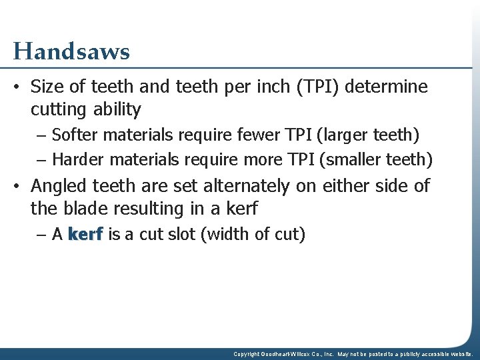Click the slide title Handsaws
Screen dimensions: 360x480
coord(71,51)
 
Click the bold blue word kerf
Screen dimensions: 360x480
coord(85,235)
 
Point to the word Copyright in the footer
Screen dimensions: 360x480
coord(246,355)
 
